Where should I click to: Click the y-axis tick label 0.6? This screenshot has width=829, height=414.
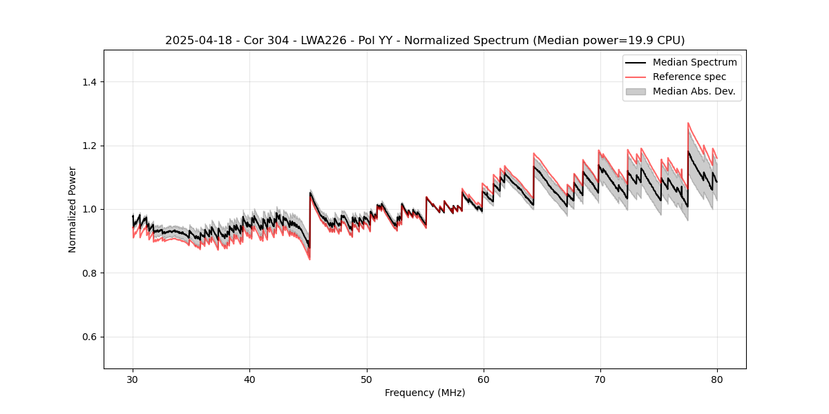88,337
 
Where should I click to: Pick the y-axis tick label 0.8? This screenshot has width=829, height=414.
88,273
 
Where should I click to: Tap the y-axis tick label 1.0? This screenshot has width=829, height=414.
88,209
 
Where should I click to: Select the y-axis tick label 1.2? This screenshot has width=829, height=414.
88,146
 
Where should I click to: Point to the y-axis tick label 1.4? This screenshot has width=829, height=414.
88,82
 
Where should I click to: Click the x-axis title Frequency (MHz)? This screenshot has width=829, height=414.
425,393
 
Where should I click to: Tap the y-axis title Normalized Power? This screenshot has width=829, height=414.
73,209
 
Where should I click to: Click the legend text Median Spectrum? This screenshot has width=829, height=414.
694,62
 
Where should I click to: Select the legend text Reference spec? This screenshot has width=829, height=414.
689,77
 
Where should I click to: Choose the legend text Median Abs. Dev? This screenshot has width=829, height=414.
694,91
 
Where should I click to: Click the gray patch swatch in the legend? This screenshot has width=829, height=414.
636,91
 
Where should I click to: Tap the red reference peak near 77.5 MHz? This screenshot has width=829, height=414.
688,124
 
